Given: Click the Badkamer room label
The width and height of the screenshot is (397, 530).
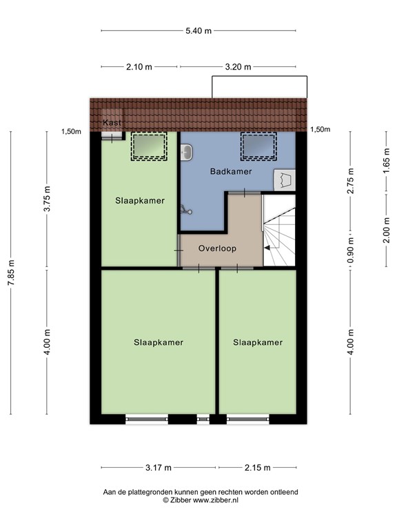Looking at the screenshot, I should click(x=231, y=171).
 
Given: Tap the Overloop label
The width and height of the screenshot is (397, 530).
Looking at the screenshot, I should click(x=217, y=248).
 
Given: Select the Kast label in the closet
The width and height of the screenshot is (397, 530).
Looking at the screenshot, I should click(x=111, y=123).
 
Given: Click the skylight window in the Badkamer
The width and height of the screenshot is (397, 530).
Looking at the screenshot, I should click(x=258, y=146).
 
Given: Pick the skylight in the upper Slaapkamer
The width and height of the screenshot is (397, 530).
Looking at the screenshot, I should click(x=149, y=146).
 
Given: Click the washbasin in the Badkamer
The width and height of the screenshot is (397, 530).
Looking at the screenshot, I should click(x=186, y=153).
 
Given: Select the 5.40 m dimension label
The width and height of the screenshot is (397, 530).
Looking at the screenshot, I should click(x=198, y=30).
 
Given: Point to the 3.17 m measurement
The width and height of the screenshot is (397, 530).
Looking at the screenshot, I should click(x=159, y=467).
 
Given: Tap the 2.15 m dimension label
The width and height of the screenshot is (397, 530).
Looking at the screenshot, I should click(x=258, y=467).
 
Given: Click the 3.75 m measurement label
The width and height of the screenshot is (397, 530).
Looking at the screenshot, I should click(x=47, y=201).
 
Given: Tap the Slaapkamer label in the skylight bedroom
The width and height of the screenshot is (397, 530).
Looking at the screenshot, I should click(x=140, y=201).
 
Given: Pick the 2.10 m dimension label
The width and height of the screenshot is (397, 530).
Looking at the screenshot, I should click(x=140, y=67).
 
